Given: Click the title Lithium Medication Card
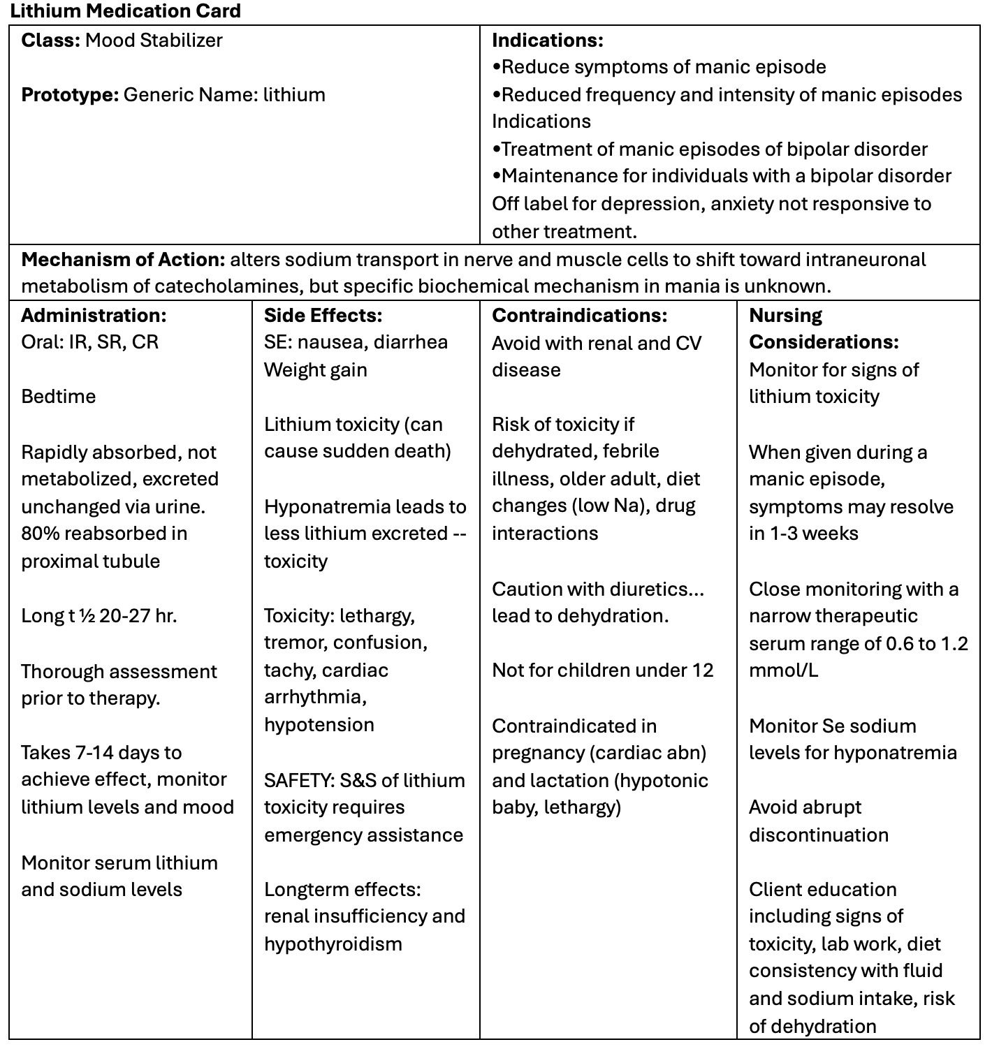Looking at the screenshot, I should click(126, 11).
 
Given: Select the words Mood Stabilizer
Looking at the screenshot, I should click(154, 41).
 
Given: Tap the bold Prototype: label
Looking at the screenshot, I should click(70, 95).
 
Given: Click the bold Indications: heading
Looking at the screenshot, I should click(547, 41).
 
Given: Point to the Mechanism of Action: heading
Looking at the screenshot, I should click(123, 260).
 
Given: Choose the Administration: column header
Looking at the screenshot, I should click(94, 316).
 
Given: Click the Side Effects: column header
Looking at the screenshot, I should click(323, 316).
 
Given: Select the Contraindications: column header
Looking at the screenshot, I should click(579, 316).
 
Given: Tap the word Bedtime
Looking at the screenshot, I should click(59, 397).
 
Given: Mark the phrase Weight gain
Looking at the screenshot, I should click(315, 370).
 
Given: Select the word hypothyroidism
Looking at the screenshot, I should click(333, 944).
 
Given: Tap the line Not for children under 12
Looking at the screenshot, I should click(602, 670).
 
